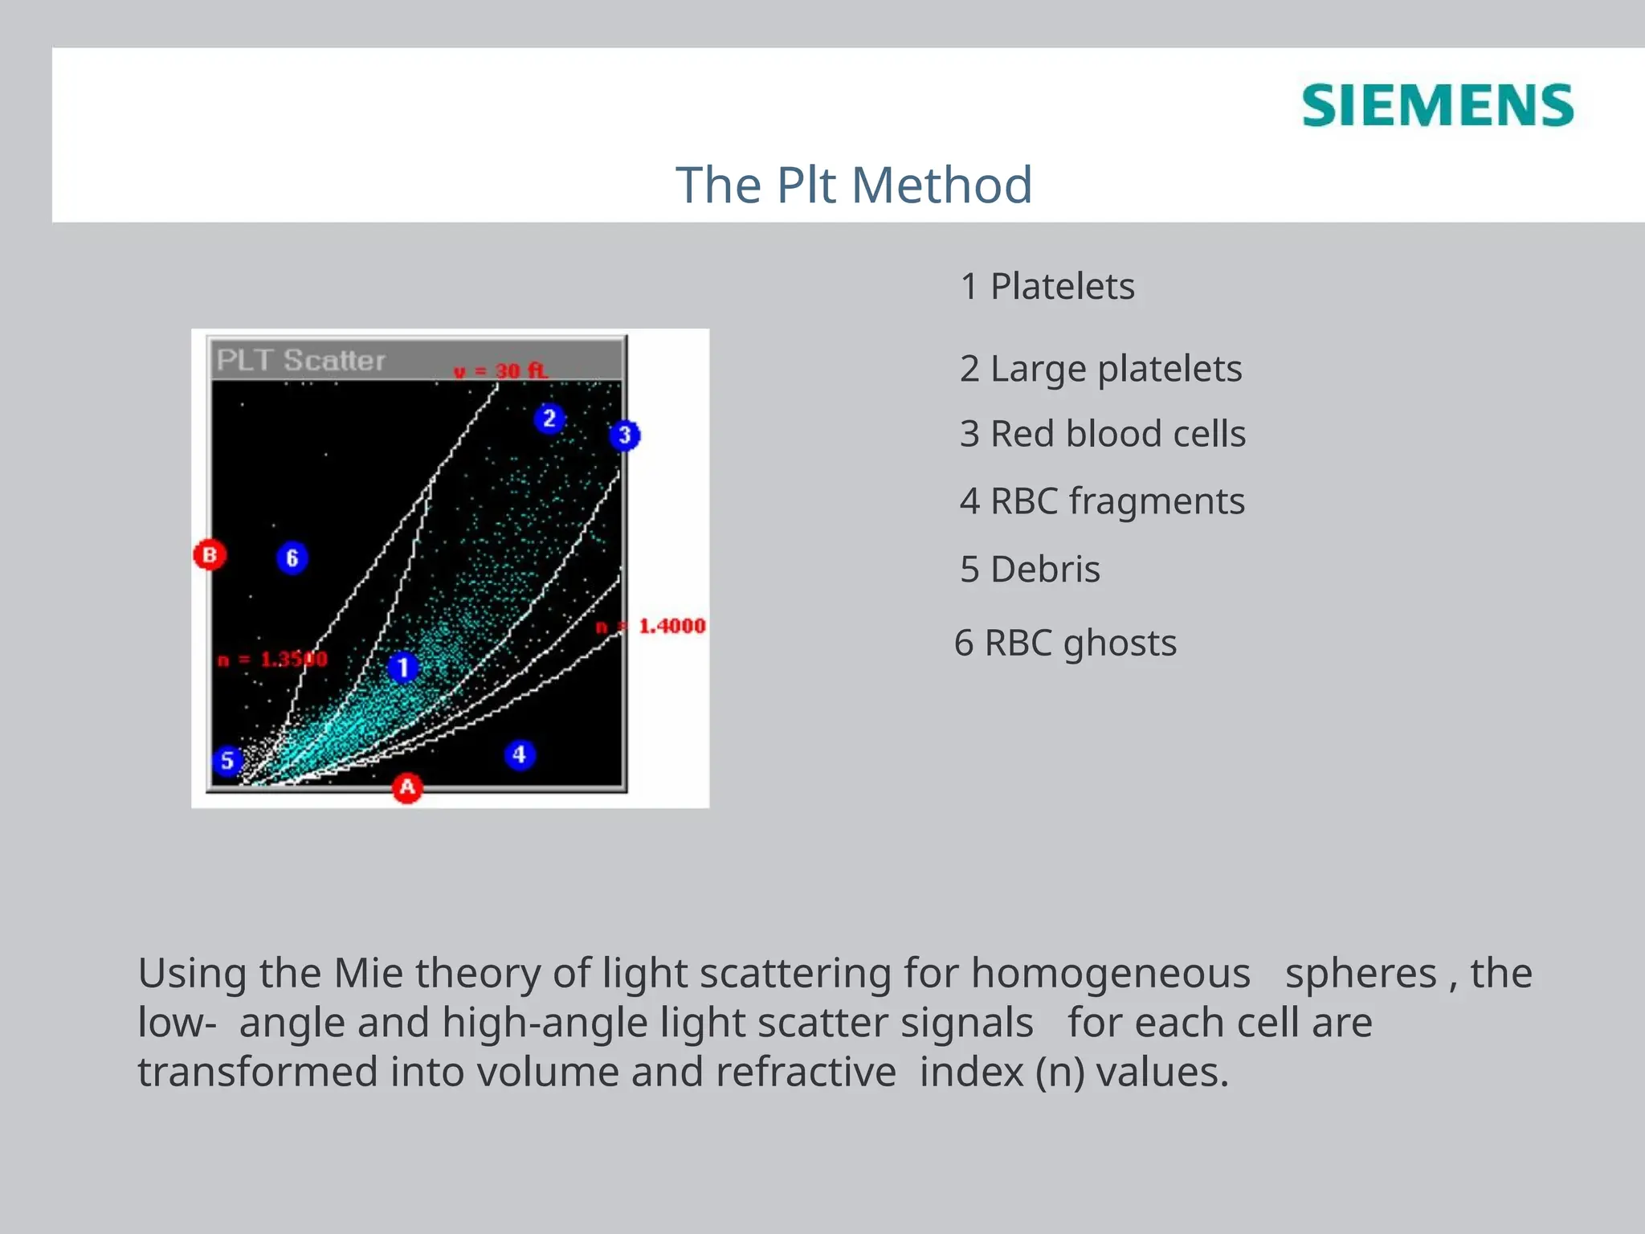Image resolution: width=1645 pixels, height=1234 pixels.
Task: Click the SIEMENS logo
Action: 1437,105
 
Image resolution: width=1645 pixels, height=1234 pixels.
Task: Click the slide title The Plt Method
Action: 853,185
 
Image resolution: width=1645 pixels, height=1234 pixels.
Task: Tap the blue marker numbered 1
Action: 403,667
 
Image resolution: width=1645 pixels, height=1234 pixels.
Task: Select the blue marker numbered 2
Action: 549,419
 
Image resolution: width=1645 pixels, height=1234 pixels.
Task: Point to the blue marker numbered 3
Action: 624,435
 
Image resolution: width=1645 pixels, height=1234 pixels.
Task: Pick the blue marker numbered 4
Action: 520,754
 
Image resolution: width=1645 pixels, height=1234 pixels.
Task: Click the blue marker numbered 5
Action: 227,760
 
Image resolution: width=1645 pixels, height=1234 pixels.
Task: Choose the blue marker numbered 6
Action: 292,558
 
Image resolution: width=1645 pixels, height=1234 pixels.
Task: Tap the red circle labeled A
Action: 407,787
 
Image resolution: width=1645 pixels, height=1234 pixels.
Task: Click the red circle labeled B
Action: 210,554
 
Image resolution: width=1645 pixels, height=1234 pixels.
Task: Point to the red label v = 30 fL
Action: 500,371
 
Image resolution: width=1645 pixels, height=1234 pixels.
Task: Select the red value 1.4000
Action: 671,626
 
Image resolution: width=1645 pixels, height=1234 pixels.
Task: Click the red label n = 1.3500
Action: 273,660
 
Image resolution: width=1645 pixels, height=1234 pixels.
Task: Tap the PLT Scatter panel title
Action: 301,360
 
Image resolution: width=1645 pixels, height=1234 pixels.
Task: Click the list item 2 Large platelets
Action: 1100,369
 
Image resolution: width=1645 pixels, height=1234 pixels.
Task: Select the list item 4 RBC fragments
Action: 1102,501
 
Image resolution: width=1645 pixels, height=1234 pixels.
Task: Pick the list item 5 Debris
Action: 1030,570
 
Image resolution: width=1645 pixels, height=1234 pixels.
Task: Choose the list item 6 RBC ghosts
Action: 1065,644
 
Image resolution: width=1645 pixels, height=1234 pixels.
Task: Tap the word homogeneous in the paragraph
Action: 1110,974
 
